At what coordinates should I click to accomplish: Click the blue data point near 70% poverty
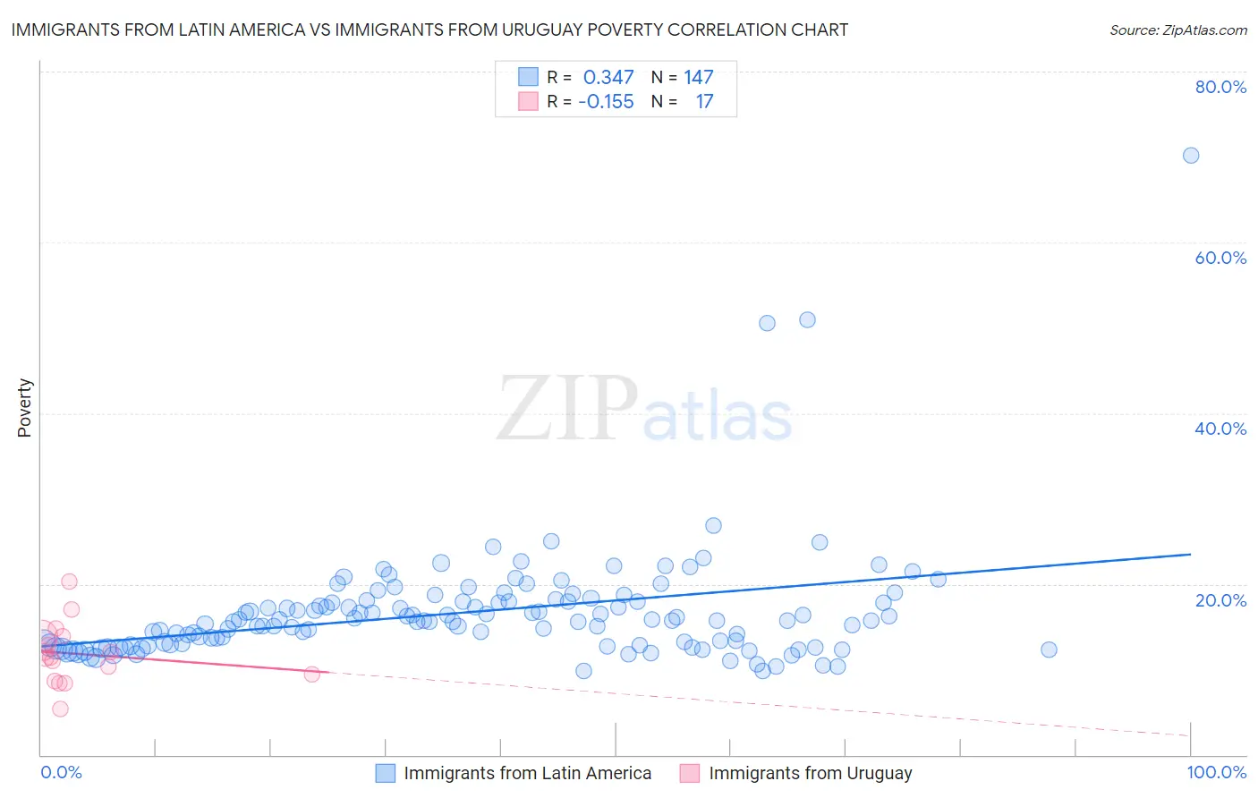click(x=1190, y=156)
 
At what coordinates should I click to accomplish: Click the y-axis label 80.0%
click(x=1220, y=87)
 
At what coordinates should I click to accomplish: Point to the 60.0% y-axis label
click(x=1220, y=258)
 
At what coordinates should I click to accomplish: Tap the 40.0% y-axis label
click(x=1220, y=429)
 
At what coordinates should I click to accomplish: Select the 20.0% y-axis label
click(x=1220, y=599)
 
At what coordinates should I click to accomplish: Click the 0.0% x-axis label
click(x=61, y=772)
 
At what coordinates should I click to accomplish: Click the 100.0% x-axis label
click(x=1216, y=772)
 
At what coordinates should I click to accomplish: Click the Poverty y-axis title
click(x=24, y=408)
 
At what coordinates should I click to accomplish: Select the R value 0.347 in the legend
click(x=608, y=78)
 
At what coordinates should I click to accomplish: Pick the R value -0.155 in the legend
click(x=606, y=102)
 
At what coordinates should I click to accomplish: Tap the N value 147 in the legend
click(x=699, y=78)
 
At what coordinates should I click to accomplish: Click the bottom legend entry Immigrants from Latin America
click(x=527, y=773)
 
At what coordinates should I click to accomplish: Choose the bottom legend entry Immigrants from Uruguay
click(x=810, y=773)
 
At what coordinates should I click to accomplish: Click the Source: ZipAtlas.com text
click(x=1177, y=30)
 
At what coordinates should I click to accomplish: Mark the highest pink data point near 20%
click(x=69, y=582)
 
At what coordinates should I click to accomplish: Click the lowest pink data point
click(x=60, y=709)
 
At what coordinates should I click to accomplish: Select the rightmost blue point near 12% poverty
click(x=1049, y=649)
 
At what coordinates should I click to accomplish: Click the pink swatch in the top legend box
click(x=528, y=102)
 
